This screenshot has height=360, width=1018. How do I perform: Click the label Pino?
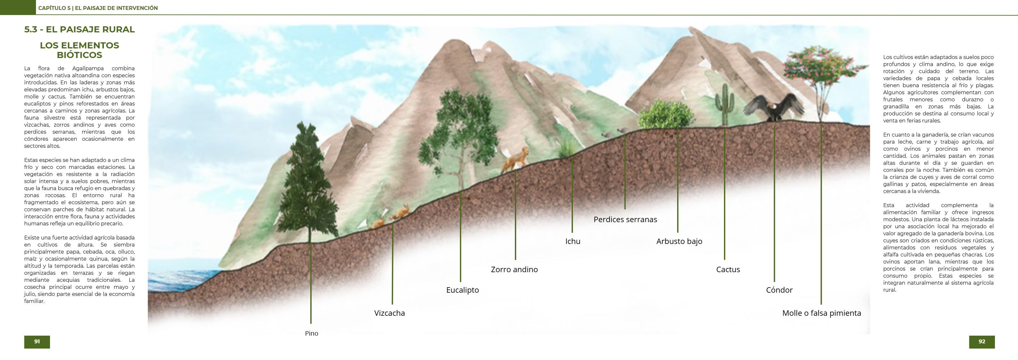coord(311,333)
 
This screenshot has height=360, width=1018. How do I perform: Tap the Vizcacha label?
coord(389,313)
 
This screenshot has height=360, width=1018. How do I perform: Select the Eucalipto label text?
coord(462,290)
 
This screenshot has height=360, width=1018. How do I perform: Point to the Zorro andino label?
coord(514,270)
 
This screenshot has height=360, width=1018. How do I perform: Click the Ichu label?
coord(573,241)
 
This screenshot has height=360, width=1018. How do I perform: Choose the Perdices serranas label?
coord(625,220)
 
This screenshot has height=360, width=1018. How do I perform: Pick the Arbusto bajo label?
coord(679,241)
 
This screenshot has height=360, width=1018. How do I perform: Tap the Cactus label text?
coord(728,270)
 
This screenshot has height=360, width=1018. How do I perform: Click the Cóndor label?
coord(779,290)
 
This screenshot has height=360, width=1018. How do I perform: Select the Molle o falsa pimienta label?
coord(821,313)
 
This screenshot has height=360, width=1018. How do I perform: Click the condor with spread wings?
coord(774,107)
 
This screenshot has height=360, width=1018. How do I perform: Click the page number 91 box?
coord(37,342)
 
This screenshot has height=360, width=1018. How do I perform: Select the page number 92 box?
coord(982,342)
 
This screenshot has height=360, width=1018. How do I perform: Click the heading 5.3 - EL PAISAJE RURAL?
coord(80,29)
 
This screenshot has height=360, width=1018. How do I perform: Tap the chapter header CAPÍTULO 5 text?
coord(97,8)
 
